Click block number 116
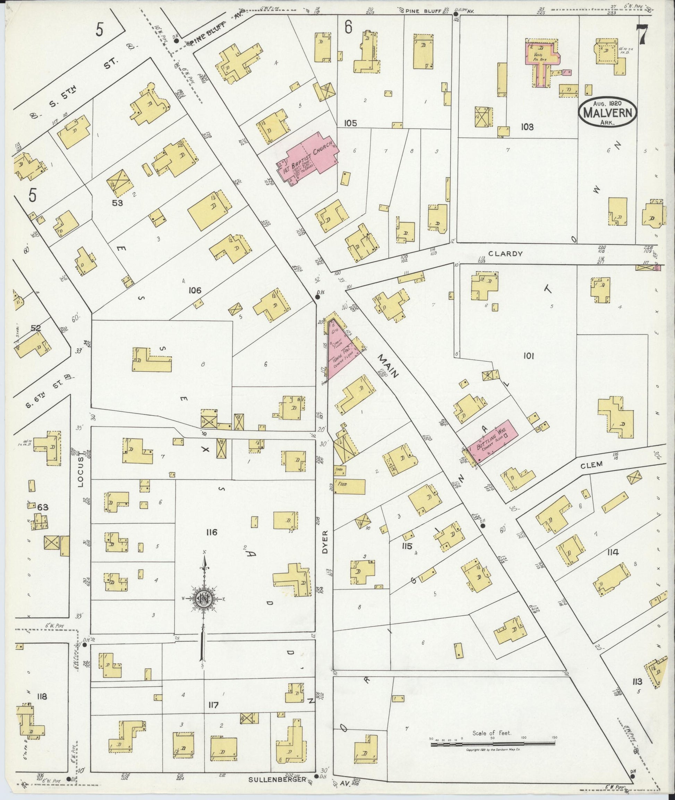(x=211, y=532)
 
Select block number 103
(x=527, y=127)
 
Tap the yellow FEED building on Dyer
(x=350, y=486)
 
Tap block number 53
(x=117, y=203)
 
